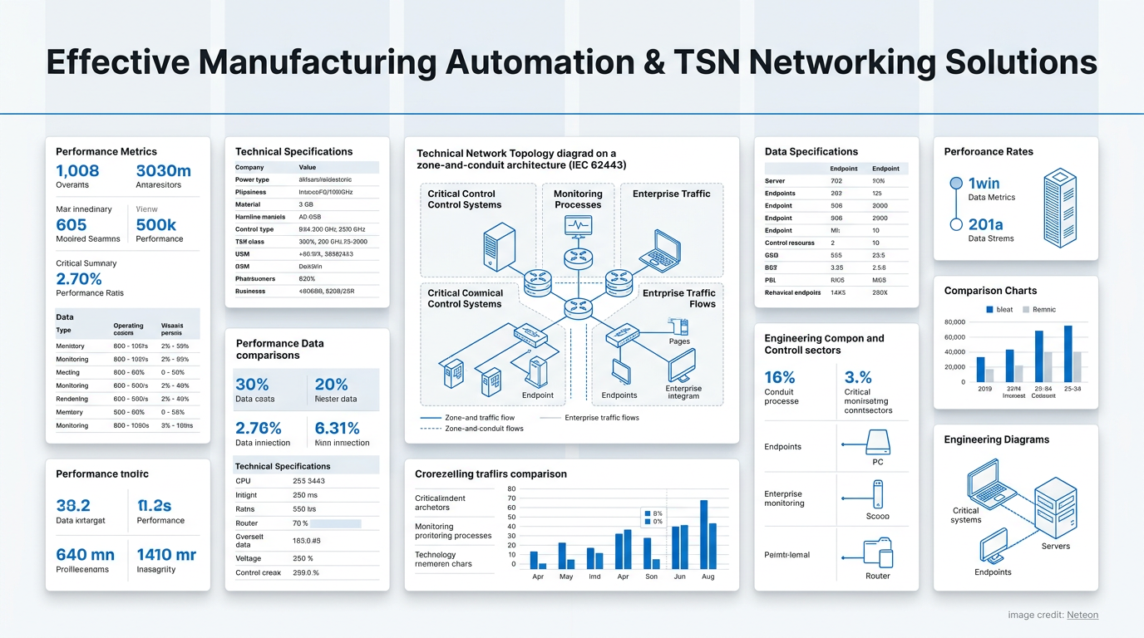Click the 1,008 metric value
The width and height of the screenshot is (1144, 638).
[x=77, y=171]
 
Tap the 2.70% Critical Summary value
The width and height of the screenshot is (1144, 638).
[x=79, y=278]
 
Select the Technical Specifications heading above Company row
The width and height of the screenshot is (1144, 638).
[x=293, y=151]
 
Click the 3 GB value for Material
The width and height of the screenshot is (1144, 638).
[x=306, y=204]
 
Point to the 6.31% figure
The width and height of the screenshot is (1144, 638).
[x=337, y=428]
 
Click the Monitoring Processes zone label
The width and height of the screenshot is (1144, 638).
[x=578, y=199]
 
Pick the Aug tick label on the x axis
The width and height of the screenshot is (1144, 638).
[x=708, y=577]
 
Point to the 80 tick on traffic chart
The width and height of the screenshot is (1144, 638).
[x=511, y=489]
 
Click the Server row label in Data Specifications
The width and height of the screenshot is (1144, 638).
[x=775, y=180]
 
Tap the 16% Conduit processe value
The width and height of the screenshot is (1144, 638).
[x=780, y=377]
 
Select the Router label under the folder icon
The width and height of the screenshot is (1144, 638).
[x=877, y=576]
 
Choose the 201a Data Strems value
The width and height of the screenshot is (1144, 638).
[x=985, y=224]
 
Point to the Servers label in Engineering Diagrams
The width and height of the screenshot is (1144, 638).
[x=1056, y=546]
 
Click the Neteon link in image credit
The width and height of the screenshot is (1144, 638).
[x=1082, y=615]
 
